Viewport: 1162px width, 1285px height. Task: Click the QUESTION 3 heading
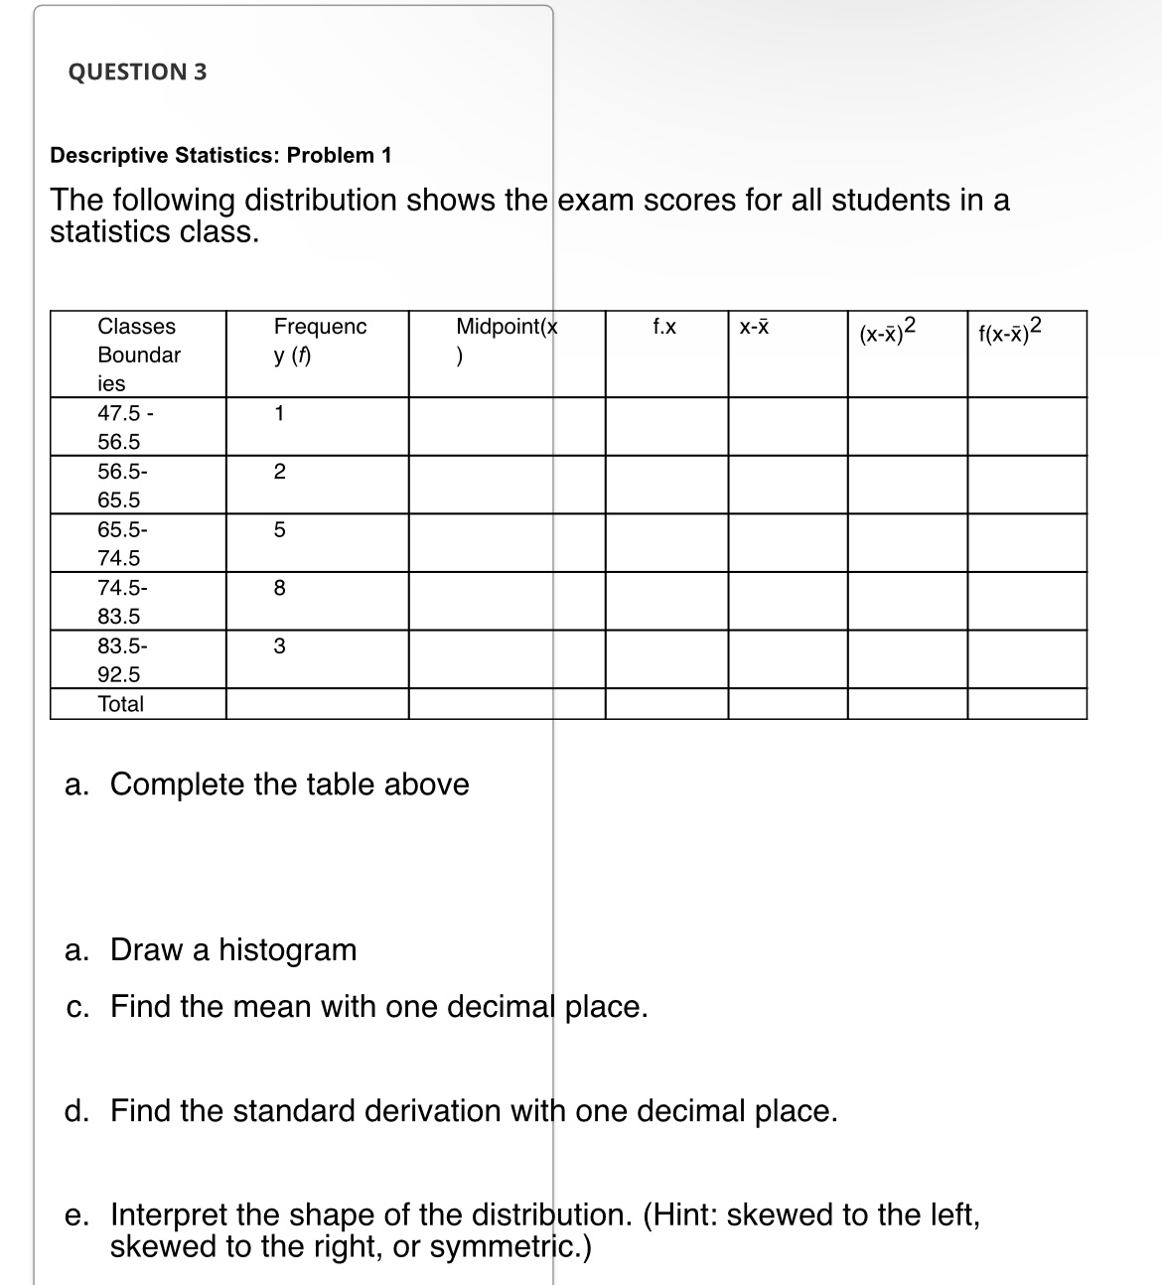click(x=137, y=71)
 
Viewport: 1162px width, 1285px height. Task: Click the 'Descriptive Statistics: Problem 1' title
click(x=220, y=155)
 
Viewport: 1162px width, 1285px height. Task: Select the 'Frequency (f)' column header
click(x=319, y=341)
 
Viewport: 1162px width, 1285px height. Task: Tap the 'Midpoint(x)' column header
click(x=506, y=341)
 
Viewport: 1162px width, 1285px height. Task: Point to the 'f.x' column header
click(x=664, y=327)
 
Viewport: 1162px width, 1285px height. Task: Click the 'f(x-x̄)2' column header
click(x=1010, y=330)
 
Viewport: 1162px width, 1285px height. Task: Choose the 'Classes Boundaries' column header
click(x=138, y=354)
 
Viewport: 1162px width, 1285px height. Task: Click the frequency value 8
click(x=279, y=589)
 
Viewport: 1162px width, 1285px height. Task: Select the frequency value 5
click(x=279, y=530)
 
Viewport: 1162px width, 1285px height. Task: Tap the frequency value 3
click(x=279, y=646)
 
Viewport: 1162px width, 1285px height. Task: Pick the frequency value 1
click(x=279, y=414)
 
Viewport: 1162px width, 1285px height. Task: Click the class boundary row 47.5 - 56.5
click(x=124, y=427)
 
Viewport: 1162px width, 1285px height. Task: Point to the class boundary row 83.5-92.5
click(x=121, y=660)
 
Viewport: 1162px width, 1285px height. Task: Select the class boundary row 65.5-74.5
click(x=121, y=543)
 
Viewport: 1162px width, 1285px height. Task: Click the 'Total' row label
click(x=120, y=704)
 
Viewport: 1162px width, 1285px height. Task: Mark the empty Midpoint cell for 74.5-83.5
click(x=507, y=601)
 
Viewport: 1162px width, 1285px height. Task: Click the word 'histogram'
click(x=287, y=950)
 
